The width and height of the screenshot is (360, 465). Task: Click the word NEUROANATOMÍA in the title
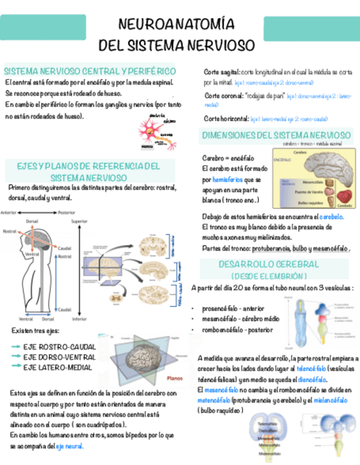(x=177, y=25)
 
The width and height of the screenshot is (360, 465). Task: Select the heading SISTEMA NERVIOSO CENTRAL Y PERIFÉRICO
(x=90, y=71)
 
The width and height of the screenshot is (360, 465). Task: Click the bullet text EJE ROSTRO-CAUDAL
(x=60, y=347)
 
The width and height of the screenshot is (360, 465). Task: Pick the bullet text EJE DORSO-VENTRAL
(x=59, y=357)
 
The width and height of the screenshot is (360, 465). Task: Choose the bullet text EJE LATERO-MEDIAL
(x=58, y=367)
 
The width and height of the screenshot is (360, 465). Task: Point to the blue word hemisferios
(x=227, y=180)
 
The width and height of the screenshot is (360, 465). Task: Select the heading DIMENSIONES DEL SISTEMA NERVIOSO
(x=277, y=134)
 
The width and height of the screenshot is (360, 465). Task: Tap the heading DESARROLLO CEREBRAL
(x=269, y=264)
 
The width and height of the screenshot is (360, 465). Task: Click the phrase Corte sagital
(x=221, y=72)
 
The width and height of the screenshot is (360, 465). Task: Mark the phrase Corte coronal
(x=221, y=95)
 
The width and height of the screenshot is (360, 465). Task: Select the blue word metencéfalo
(x=215, y=400)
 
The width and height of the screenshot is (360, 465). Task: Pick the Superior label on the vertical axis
(x=80, y=222)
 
